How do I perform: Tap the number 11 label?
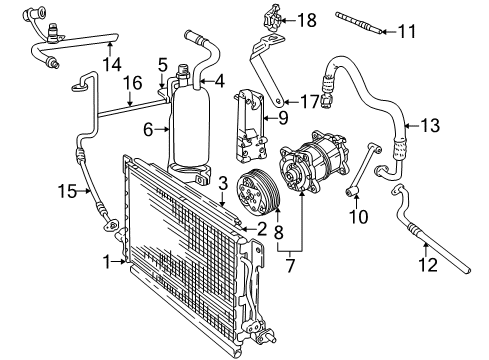[x=405, y=32]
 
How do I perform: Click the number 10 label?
[x=357, y=216]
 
